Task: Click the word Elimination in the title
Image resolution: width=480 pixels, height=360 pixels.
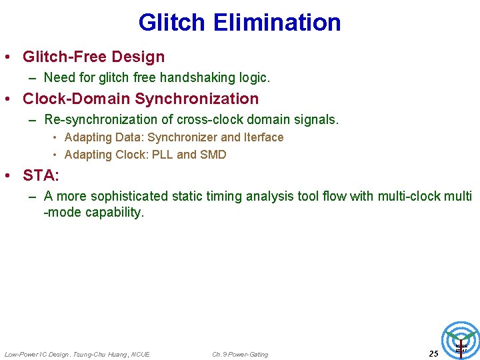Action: coord(277,23)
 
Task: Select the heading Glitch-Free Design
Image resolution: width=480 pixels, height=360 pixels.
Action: coord(93,57)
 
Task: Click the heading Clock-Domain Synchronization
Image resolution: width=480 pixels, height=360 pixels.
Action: coord(140,99)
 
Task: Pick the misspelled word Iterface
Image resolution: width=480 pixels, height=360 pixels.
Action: coord(263,137)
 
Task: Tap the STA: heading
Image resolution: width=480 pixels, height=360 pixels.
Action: coord(41,175)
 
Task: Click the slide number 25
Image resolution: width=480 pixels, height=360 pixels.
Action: coord(433,353)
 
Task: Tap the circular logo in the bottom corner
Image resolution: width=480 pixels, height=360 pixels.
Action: coord(461,341)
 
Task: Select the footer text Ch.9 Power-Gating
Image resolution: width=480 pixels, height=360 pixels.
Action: coord(240,354)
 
